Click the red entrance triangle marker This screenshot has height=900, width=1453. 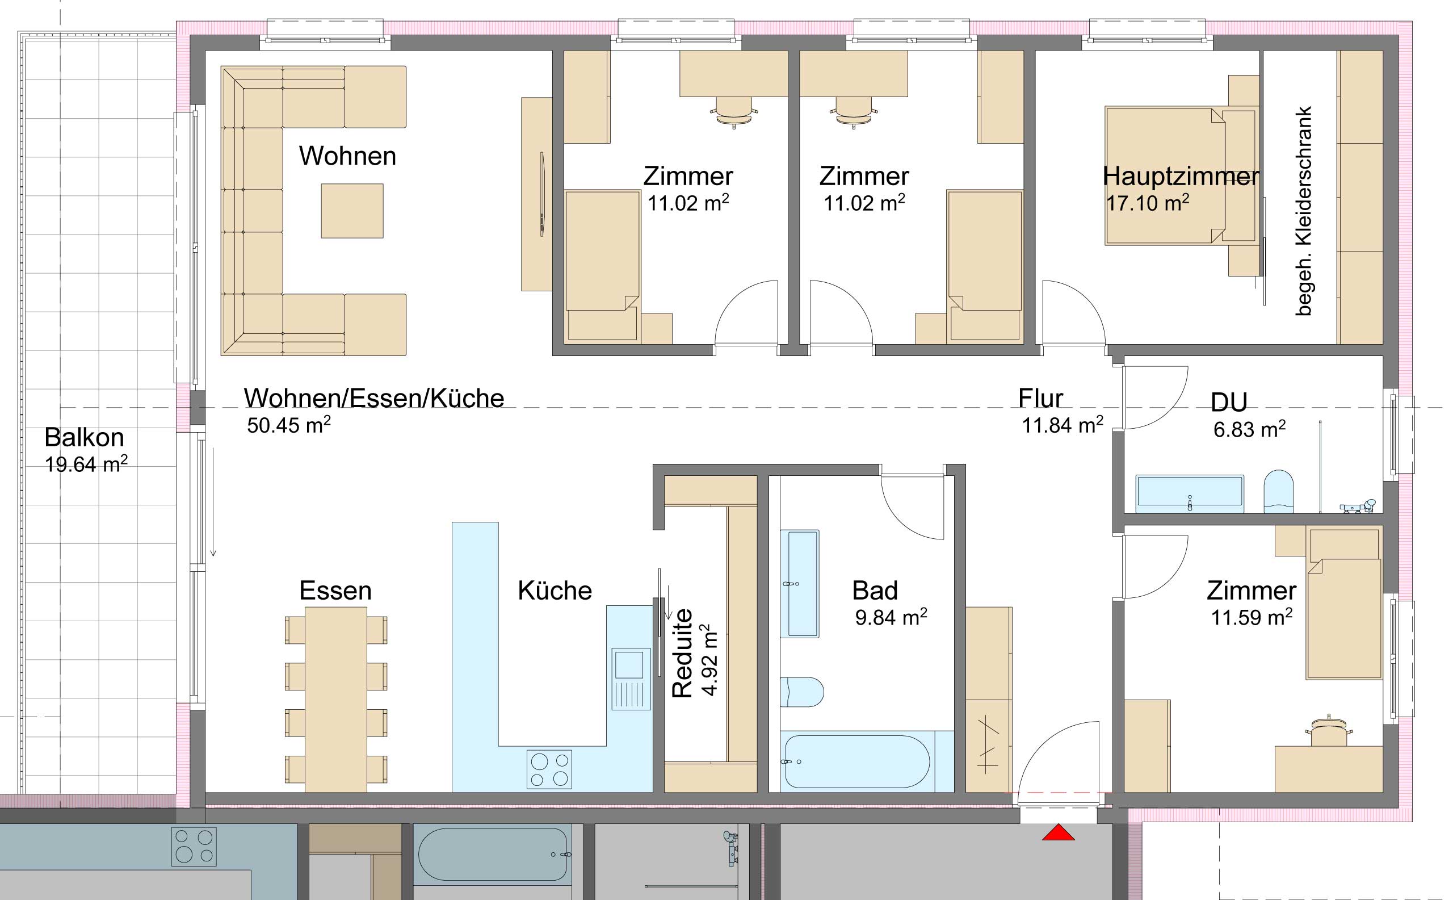click(x=1058, y=832)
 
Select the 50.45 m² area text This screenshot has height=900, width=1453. click(x=289, y=425)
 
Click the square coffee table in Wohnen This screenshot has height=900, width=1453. click(x=352, y=211)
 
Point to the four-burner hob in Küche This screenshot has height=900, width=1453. click(x=549, y=768)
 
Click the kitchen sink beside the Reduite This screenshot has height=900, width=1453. click(x=628, y=679)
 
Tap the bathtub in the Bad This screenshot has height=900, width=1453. click(x=858, y=763)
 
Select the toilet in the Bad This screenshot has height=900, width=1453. click(x=801, y=692)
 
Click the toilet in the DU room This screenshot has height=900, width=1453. click(x=1279, y=492)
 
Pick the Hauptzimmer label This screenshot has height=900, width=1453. click(x=1181, y=176)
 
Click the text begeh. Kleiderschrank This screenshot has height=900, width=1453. click(x=1303, y=211)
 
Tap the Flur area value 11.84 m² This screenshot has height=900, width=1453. click(x=1063, y=425)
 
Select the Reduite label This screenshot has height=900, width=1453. click(x=682, y=653)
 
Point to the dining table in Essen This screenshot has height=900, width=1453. click(x=335, y=700)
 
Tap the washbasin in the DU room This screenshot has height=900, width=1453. click(x=1190, y=493)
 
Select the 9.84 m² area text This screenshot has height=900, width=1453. click(x=891, y=617)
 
